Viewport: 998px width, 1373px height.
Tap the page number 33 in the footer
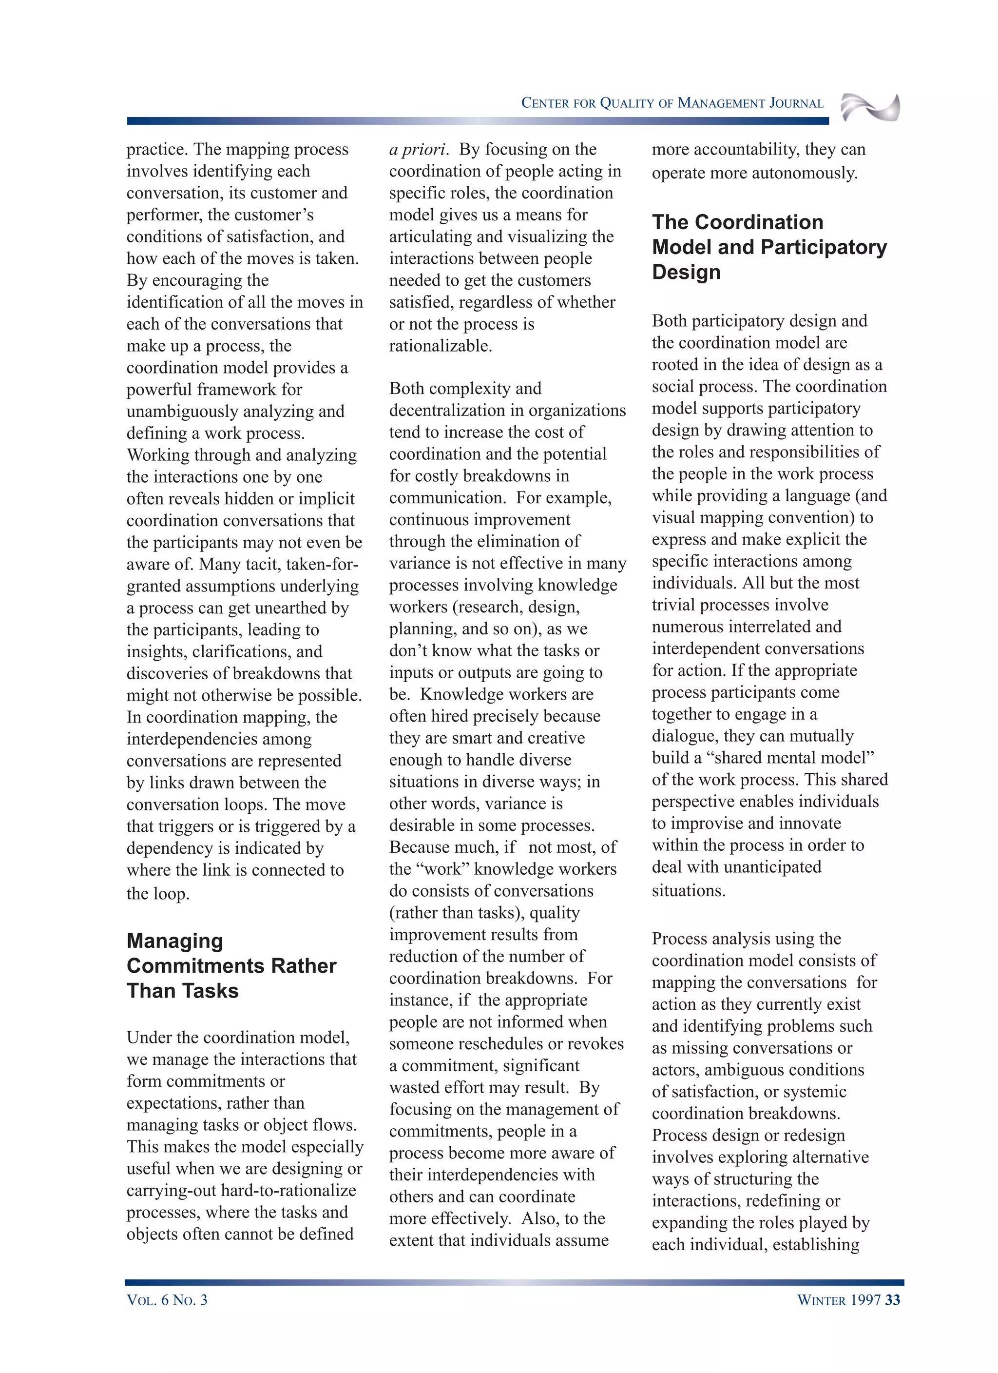click(892, 1300)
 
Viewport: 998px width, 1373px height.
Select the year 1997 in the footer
click(865, 1300)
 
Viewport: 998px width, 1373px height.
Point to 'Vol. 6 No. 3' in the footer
click(167, 1300)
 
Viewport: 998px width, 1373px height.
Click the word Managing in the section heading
click(175, 941)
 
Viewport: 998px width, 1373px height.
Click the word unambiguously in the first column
click(185, 412)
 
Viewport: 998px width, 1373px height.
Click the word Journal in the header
click(796, 103)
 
